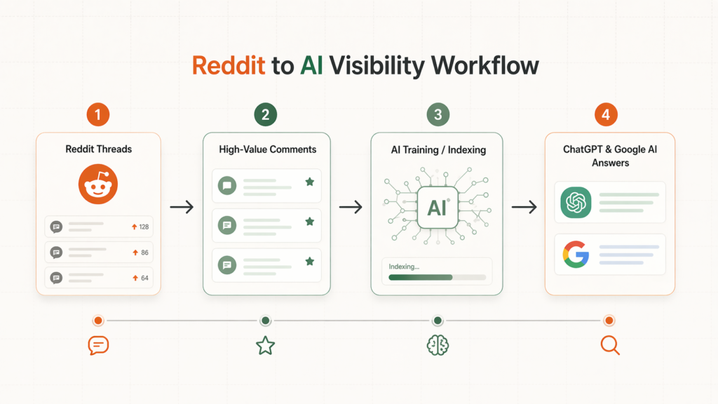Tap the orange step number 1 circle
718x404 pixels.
pyautogui.click(x=98, y=114)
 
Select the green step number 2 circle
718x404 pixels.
pyautogui.click(x=265, y=114)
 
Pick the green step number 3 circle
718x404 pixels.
pyautogui.click(x=438, y=114)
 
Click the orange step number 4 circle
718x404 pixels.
pyautogui.click(x=607, y=114)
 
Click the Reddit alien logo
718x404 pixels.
pyautogui.click(x=98, y=184)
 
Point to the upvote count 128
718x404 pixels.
pyautogui.click(x=144, y=227)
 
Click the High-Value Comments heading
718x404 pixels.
pyautogui.click(x=267, y=149)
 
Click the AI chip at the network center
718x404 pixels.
pyautogui.click(x=438, y=207)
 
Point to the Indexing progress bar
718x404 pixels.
pyautogui.click(x=437, y=278)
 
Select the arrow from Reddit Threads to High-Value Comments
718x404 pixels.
pyautogui.click(x=182, y=207)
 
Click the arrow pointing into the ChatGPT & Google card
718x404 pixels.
pyautogui.click(x=524, y=207)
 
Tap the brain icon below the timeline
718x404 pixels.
pyautogui.click(x=438, y=345)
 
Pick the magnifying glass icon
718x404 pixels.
pyautogui.click(x=610, y=345)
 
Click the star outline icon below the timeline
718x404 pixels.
pyautogui.click(x=265, y=345)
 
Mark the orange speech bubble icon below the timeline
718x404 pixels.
pyautogui.click(x=98, y=345)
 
